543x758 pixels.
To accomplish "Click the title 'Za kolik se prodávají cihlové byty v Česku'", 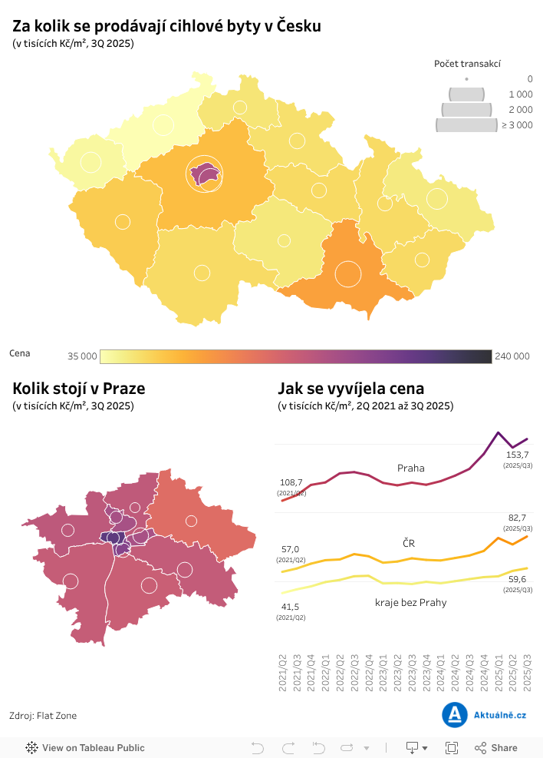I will point(166,26).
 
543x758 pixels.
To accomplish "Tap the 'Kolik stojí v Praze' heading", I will point(78,389).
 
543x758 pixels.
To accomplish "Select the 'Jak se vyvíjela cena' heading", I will point(350,389).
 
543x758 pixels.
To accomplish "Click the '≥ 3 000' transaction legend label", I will point(517,125).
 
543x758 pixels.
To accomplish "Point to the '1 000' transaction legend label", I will point(520,94).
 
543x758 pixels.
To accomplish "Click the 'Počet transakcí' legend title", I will point(467,64).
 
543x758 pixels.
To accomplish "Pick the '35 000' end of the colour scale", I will point(82,356).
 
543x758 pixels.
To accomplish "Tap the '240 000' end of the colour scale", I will point(512,356).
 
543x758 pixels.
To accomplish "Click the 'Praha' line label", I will point(410,468).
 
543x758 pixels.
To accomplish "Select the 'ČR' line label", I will point(409,543).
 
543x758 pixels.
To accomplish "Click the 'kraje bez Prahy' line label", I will point(410,602).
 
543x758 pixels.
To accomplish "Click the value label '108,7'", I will point(291,482).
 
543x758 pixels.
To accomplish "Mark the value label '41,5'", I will point(291,607).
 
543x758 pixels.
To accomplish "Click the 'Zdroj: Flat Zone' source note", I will point(43,716).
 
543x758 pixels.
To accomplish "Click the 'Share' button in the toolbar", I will point(496,747).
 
